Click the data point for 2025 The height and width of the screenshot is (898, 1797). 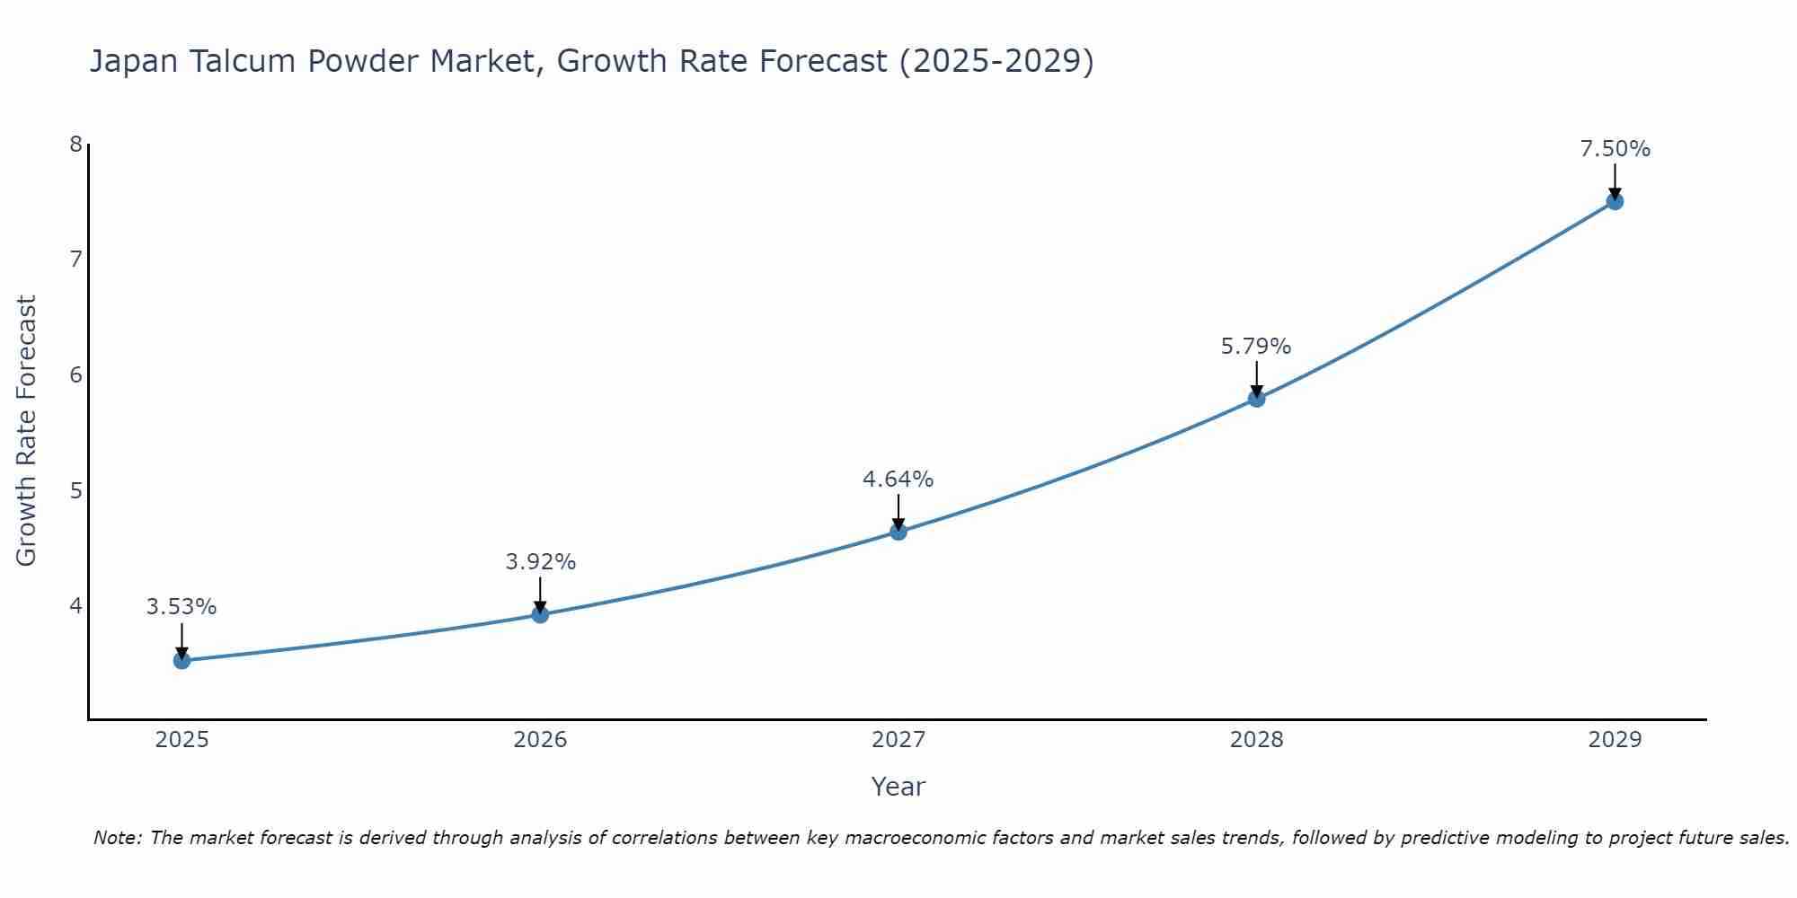coord(181,661)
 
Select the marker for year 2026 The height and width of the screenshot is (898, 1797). coord(540,614)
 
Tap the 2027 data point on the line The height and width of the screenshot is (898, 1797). coord(898,532)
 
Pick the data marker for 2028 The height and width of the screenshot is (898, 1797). coord(1256,398)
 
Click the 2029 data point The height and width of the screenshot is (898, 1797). coord(1615,201)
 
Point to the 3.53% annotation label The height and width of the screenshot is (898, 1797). coord(181,607)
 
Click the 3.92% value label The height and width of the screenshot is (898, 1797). coord(540,562)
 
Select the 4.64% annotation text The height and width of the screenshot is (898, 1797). coord(898,480)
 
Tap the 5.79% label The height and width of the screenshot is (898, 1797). coord(1256,347)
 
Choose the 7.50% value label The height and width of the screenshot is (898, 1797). coord(1615,149)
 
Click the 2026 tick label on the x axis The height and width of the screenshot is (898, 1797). coord(540,740)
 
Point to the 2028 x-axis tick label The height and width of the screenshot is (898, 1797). coord(1256,740)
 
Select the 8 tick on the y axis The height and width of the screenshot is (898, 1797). coord(75,145)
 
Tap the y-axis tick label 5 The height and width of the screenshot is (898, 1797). coord(75,490)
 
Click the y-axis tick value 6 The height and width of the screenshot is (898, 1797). coord(75,374)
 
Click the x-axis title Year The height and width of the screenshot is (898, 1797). coord(898,787)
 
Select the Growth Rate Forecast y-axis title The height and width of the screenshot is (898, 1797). coord(27,431)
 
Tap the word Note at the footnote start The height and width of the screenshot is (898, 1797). coord(117,838)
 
